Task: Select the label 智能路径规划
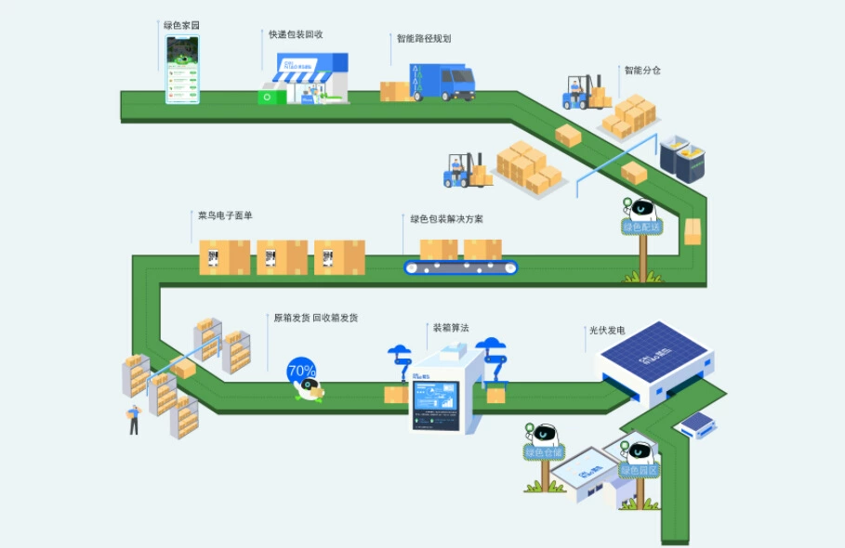(x=423, y=39)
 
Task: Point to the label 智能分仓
(x=642, y=70)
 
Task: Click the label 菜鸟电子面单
(x=225, y=215)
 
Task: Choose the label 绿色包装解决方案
(x=447, y=219)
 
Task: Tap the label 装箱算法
(x=451, y=328)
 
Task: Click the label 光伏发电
(x=607, y=330)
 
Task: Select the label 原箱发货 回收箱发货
(x=315, y=318)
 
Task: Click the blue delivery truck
(x=442, y=82)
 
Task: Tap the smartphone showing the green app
(x=182, y=70)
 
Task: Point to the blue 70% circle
(x=301, y=371)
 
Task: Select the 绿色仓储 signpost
(x=545, y=452)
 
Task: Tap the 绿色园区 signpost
(x=640, y=470)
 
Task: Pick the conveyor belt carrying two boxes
(x=461, y=267)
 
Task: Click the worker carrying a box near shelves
(x=134, y=419)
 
